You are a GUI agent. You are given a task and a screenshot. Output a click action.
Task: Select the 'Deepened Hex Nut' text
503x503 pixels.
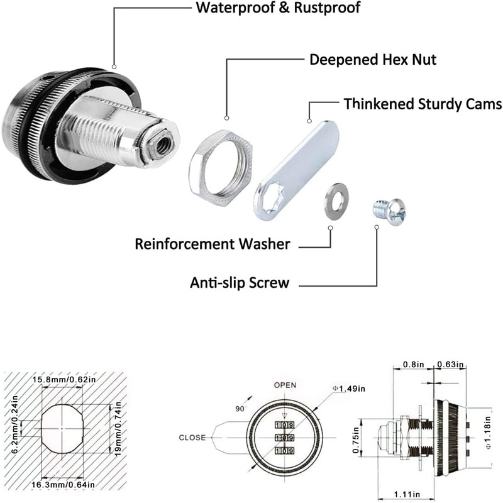372,60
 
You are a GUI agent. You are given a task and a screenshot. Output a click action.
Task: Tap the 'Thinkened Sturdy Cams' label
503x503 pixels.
422,103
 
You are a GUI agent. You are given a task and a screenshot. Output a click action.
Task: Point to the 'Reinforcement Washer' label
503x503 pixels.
213,244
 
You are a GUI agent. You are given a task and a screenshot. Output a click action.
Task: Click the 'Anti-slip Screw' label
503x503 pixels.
240,283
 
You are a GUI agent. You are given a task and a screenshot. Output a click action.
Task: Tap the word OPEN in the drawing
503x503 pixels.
284,385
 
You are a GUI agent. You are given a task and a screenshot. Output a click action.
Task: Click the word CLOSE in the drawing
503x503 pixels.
192,438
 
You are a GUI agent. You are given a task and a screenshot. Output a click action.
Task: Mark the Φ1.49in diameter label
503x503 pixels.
349,389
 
